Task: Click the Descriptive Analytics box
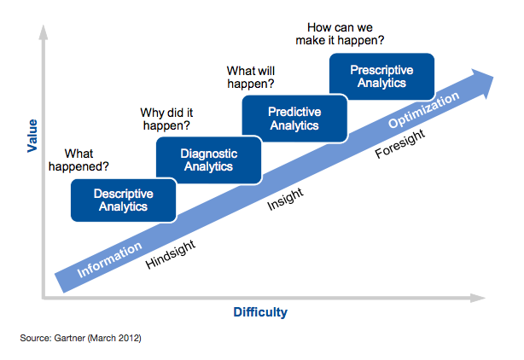123,200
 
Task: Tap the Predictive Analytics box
294,119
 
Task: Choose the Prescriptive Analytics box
381,77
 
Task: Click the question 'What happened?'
79,160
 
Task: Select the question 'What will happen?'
250,78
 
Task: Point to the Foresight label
402,142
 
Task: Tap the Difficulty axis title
260,312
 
